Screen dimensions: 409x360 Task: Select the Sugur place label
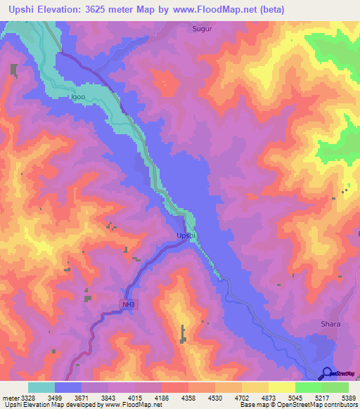pos(202,30)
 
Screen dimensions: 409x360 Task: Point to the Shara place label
pos(330,324)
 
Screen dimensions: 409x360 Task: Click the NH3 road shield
pos(126,304)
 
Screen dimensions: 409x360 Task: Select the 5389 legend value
pos(349,398)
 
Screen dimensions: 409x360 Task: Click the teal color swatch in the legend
pos(41,387)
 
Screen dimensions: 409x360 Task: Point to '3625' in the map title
pos(120,10)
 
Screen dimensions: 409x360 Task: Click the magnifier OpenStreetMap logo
pos(327,373)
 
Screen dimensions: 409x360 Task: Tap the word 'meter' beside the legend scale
pos(11,398)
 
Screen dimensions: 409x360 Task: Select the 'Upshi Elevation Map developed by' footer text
pos(49,405)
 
